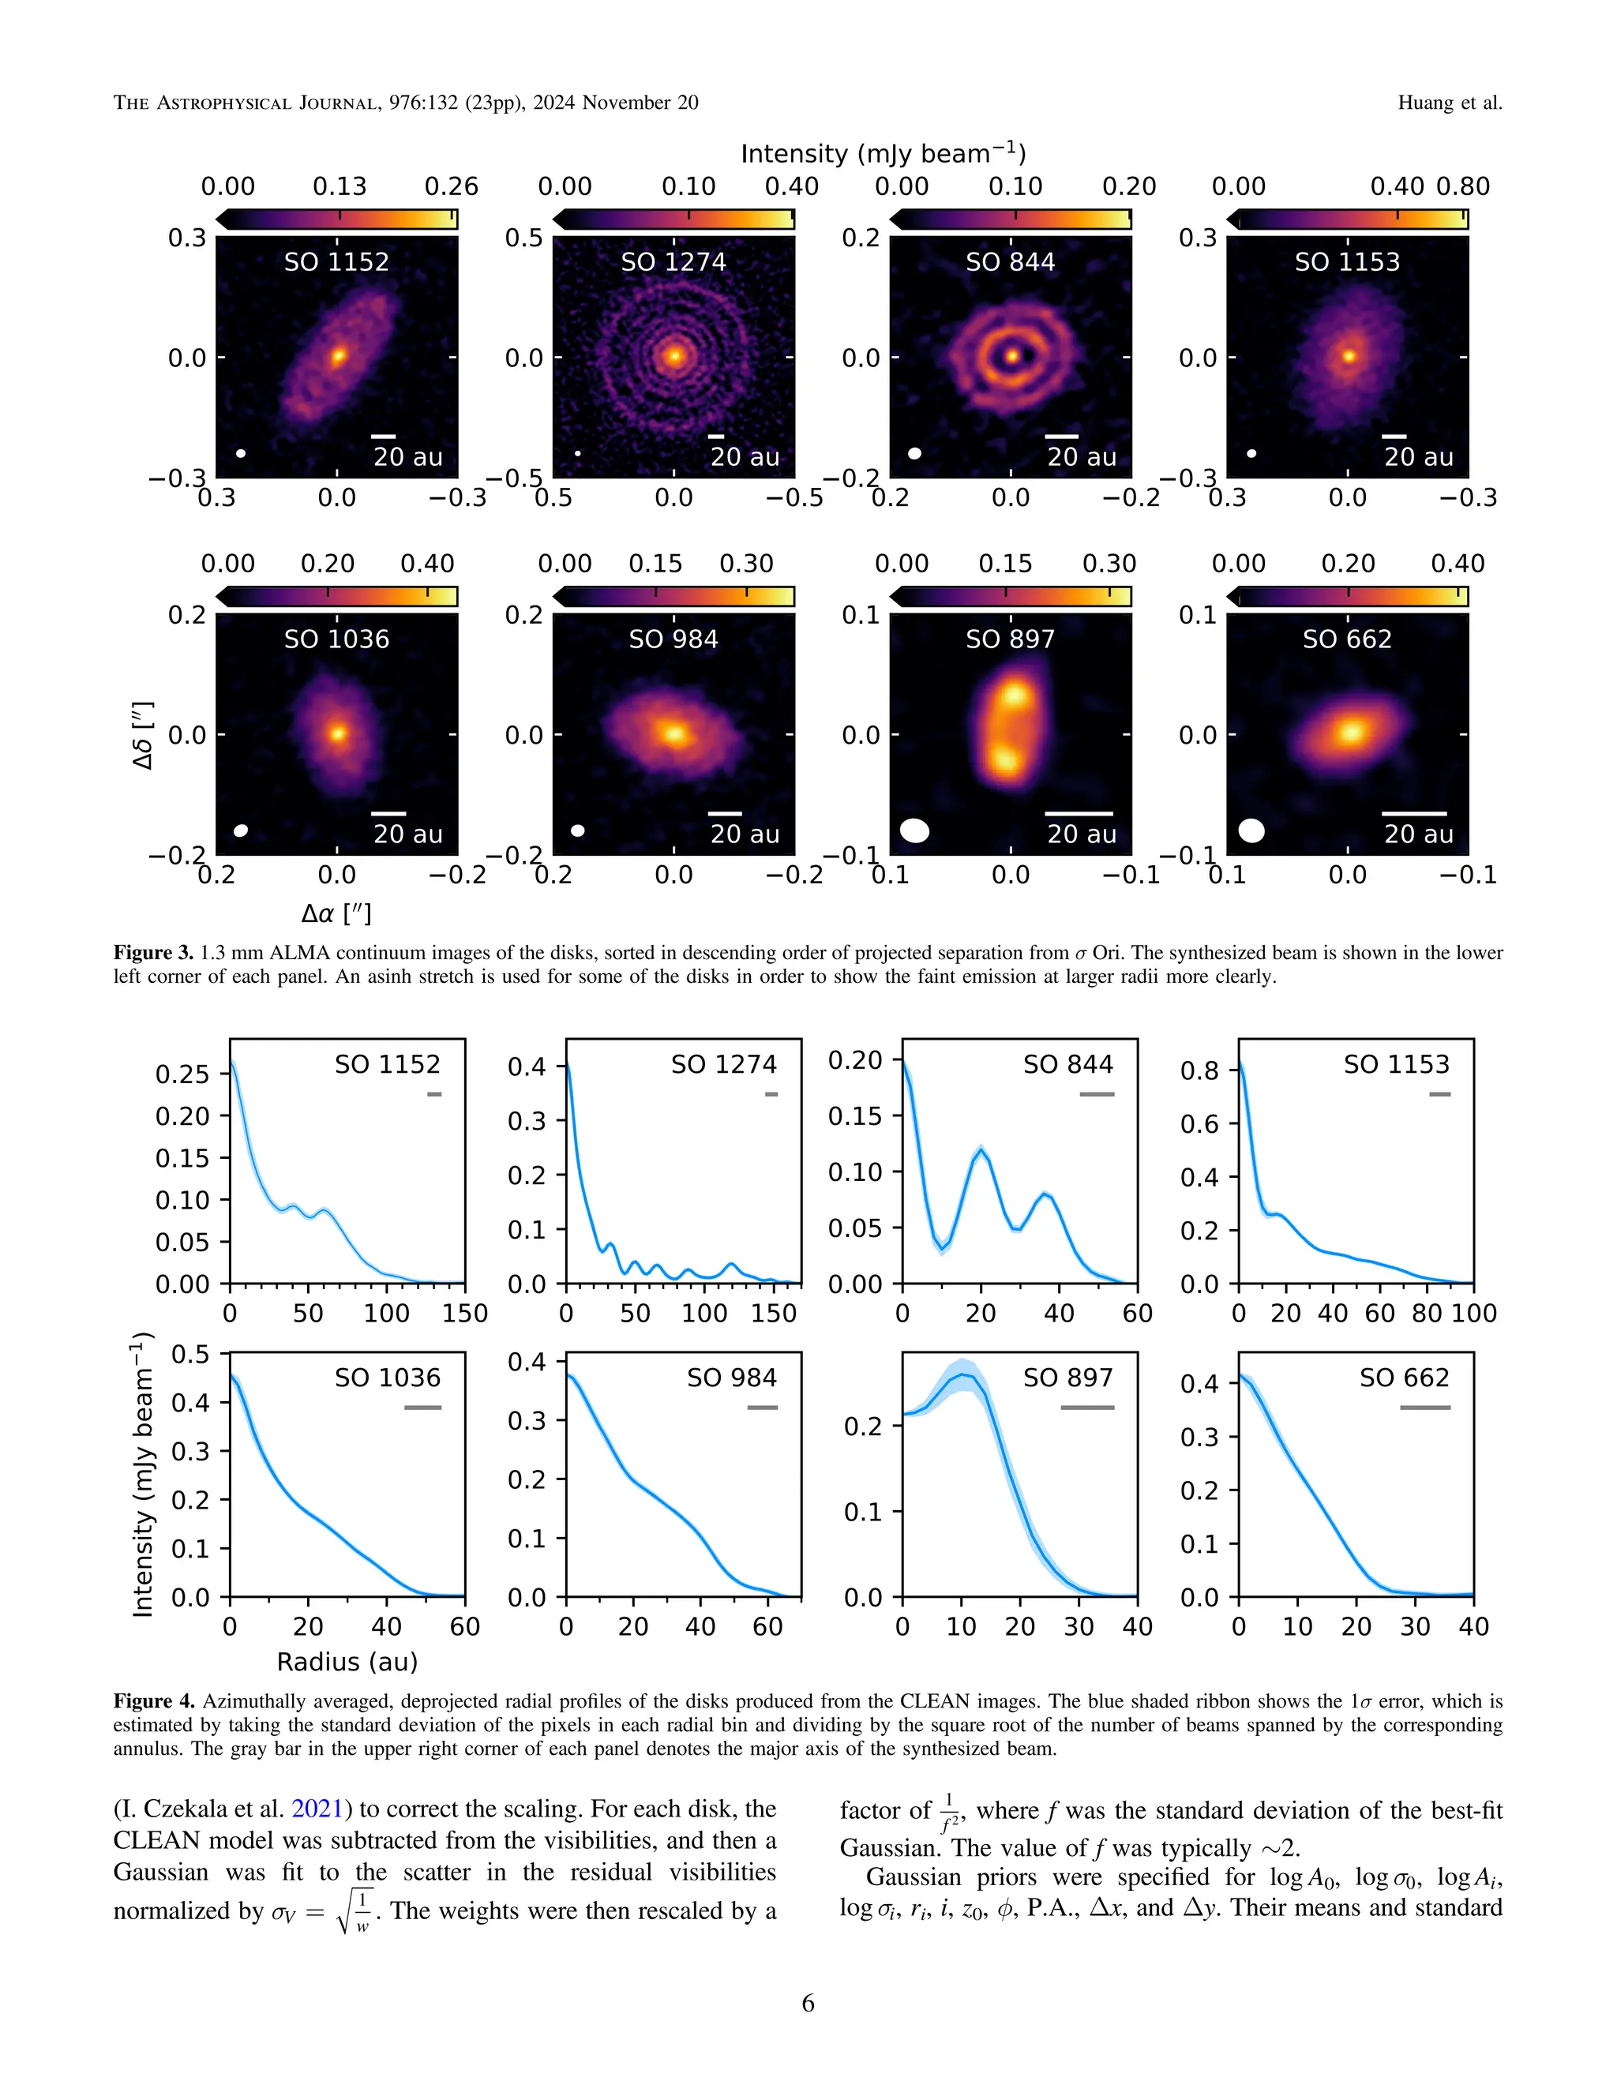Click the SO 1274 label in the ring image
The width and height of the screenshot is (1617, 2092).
(x=673, y=261)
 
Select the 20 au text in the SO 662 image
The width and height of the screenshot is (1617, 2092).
(x=1419, y=834)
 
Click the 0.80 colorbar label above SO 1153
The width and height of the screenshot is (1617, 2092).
(x=1463, y=187)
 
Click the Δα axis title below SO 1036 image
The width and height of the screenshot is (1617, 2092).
(x=336, y=913)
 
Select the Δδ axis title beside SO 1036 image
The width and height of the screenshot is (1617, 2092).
(x=144, y=735)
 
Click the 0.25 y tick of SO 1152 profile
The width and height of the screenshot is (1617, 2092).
(x=182, y=1074)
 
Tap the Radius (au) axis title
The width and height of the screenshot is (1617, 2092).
(x=347, y=1661)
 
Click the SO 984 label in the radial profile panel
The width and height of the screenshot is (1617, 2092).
(x=731, y=1378)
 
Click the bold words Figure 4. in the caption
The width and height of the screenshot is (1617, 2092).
(x=153, y=1701)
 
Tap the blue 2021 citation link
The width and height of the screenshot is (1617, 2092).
(x=317, y=1809)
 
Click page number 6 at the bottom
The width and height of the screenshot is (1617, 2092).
(x=808, y=2003)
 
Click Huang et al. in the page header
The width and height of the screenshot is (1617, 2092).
(x=1450, y=103)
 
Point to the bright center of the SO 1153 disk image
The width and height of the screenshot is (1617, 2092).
(x=1349, y=356)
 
